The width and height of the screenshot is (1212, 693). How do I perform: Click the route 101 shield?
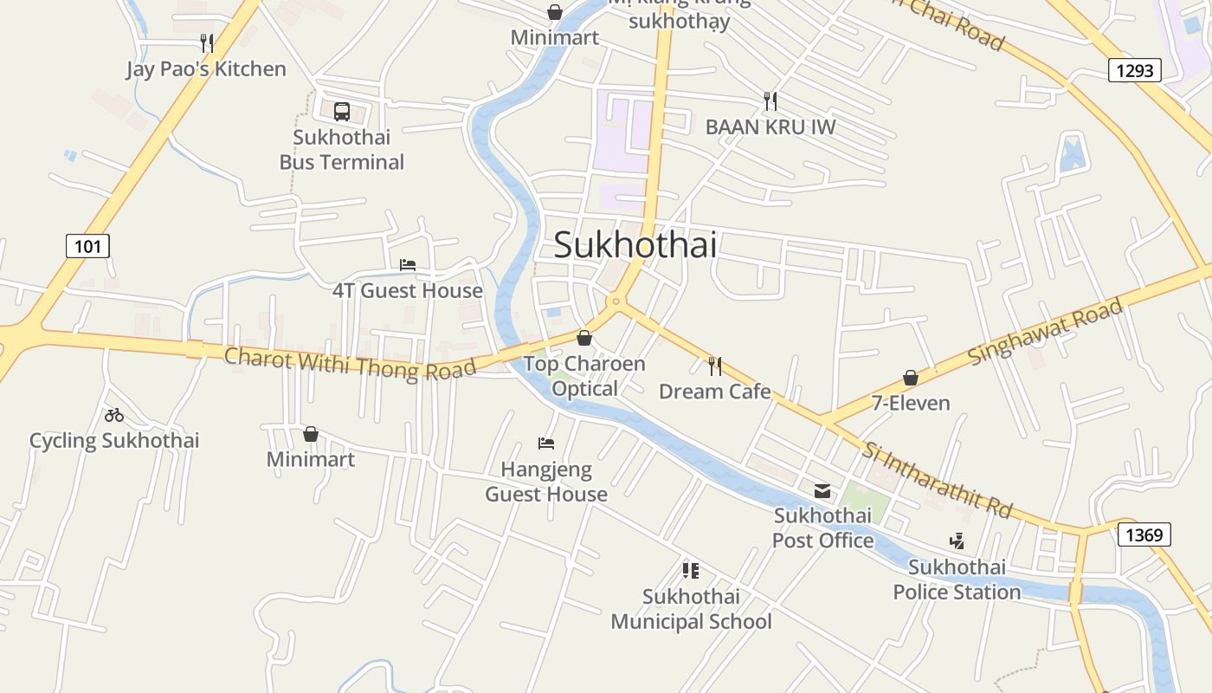coord(87,246)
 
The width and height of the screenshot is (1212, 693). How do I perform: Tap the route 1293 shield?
coord(1134,70)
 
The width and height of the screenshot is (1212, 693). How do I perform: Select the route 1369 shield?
coord(1144,534)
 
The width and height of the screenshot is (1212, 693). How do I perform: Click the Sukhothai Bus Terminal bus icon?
coord(342,112)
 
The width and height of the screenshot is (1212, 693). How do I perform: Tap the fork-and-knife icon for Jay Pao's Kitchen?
coord(206,43)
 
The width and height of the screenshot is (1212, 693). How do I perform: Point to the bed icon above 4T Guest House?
coord(407,264)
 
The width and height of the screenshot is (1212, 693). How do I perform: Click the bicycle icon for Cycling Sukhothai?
coord(114,415)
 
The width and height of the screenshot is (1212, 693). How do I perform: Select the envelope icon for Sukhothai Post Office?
coord(822,491)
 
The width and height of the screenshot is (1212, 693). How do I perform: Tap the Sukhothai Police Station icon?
coord(957,542)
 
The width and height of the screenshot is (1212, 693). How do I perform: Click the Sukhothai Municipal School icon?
coord(690,570)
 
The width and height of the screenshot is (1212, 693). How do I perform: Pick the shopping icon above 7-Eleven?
coord(911,378)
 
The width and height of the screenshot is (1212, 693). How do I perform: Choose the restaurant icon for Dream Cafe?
coord(714,366)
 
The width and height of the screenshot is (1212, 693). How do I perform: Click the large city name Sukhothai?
coord(635,245)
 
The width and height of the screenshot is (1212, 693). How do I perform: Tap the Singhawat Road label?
coord(1045,331)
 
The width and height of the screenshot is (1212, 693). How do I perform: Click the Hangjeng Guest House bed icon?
coord(545,444)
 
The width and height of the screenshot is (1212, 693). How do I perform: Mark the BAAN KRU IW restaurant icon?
coord(770,101)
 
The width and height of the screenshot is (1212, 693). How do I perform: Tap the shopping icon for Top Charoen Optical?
coord(584,338)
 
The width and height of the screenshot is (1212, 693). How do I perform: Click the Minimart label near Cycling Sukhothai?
coord(310,459)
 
